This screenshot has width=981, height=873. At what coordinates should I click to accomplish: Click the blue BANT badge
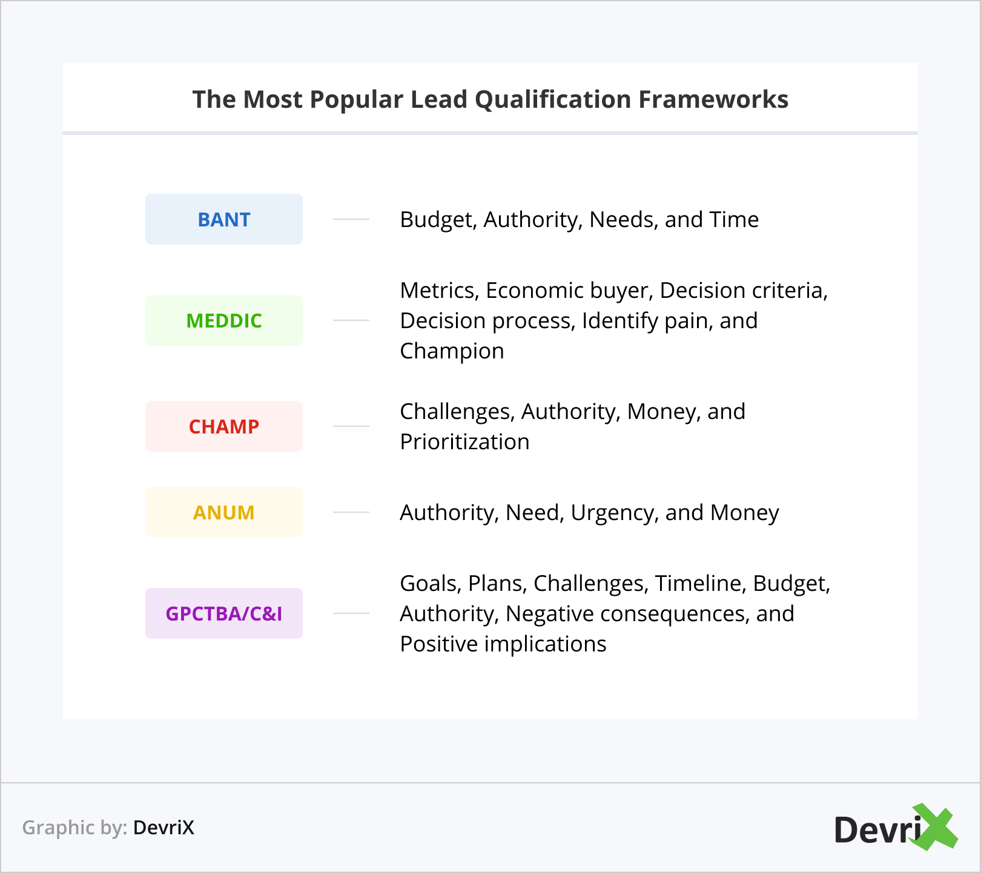point(224,219)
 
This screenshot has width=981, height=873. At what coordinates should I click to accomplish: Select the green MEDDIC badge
point(224,320)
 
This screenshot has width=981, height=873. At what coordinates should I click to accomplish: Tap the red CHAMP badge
point(224,426)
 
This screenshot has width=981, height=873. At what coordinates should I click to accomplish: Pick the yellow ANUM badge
point(224,512)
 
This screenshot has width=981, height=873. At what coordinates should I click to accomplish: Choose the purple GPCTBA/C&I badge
point(224,613)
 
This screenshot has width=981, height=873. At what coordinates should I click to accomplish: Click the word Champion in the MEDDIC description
point(452,352)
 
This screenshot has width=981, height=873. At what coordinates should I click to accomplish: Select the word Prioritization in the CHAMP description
point(464,442)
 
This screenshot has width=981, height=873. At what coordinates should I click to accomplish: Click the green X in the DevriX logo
point(935,826)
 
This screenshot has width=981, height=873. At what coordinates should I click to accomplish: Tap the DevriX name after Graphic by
point(163,828)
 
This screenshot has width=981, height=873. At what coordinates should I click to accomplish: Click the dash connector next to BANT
point(351,219)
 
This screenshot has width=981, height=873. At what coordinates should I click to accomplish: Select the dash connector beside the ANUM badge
point(351,512)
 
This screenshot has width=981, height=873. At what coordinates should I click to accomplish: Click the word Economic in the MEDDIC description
point(527,291)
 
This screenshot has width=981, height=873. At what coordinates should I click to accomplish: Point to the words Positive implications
point(503,645)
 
